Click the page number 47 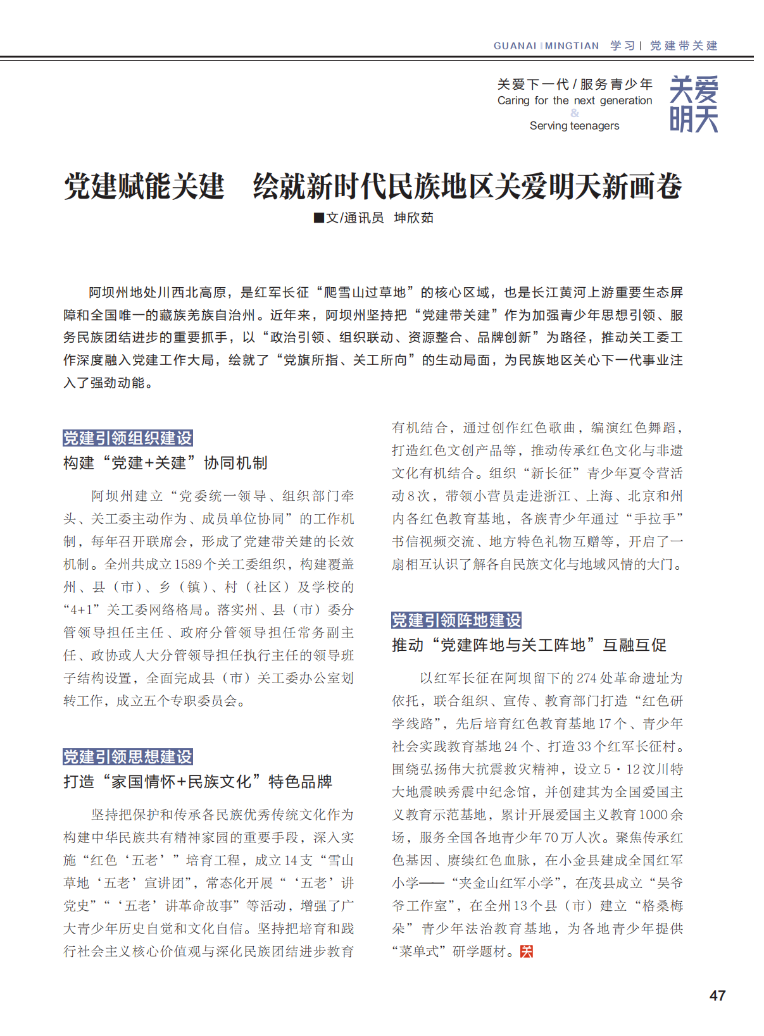click(x=717, y=995)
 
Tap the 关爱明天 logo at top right click(x=694, y=104)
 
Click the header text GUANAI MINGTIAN click(x=546, y=46)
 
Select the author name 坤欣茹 click(x=414, y=218)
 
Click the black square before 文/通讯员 click(x=319, y=218)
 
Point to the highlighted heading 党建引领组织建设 click(x=128, y=438)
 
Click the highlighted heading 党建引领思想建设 click(x=128, y=756)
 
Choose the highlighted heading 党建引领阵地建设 click(x=456, y=620)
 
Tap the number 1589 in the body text click(x=188, y=564)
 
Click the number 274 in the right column click(x=586, y=678)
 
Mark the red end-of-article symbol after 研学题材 click(x=527, y=951)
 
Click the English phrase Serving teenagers click(x=574, y=125)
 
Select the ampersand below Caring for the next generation click(x=574, y=113)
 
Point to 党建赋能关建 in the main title click(x=144, y=186)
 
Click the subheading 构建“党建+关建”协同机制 click(x=165, y=463)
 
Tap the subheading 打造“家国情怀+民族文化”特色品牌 click(x=197, y=782)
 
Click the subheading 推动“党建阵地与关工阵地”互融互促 click(x=529, y=645)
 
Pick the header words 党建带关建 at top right click(x=684, y=46)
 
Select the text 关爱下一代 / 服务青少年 click(x=574, y=84)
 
